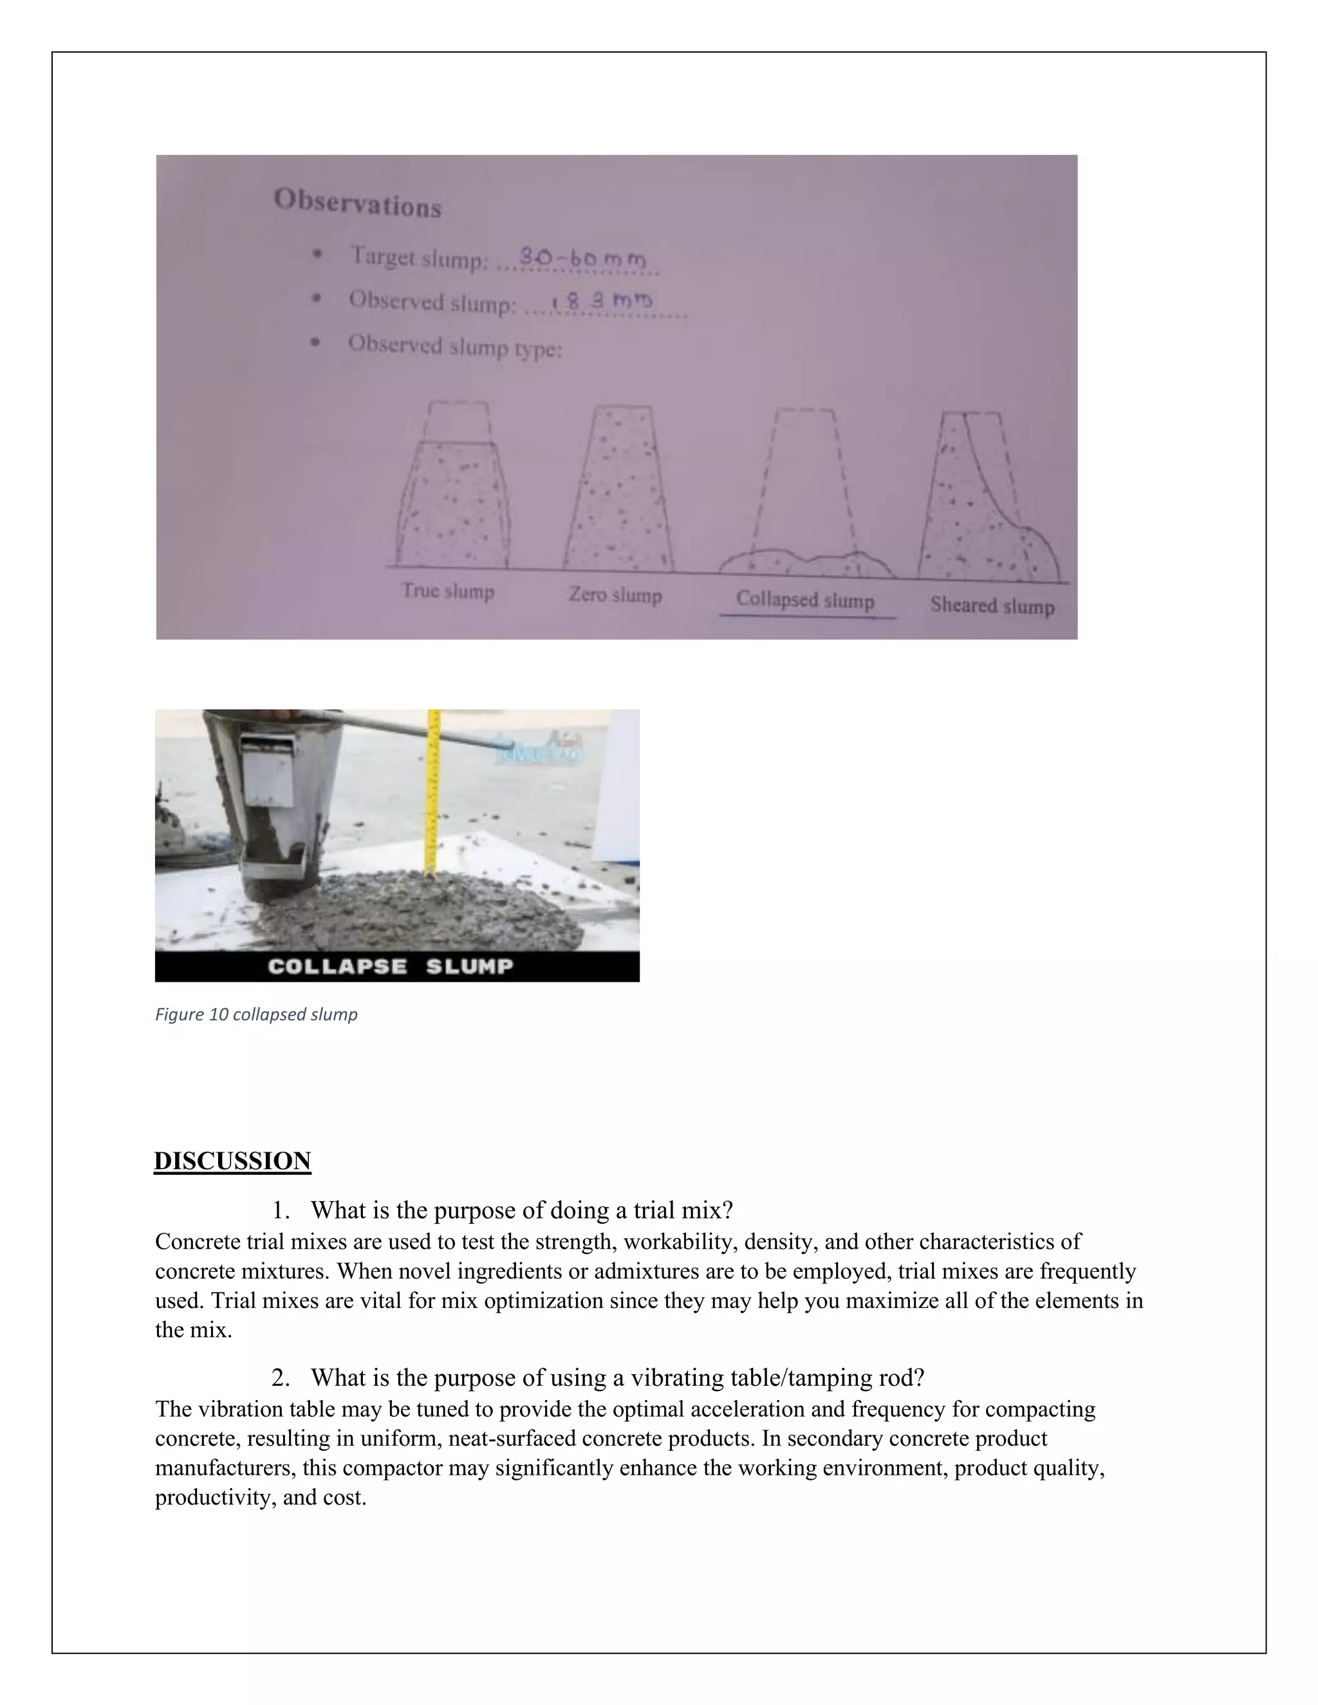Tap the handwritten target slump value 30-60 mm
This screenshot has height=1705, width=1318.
pos(582,257)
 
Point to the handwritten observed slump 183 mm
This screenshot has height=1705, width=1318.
pos(601,301)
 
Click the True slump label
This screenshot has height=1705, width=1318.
pos(448,591)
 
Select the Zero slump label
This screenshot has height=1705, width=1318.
pos(615,595)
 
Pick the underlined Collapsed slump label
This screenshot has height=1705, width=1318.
pos(805,600)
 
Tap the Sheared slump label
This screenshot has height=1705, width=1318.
pos(992,606)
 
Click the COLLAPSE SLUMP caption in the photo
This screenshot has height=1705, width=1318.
pos(391,966)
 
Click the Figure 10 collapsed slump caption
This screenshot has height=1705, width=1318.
pos(256,1014)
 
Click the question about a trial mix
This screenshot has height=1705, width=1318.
pos(521,1210)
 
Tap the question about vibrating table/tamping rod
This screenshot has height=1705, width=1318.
pos(617,1377)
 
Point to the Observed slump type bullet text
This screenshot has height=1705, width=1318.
pos(454,346)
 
